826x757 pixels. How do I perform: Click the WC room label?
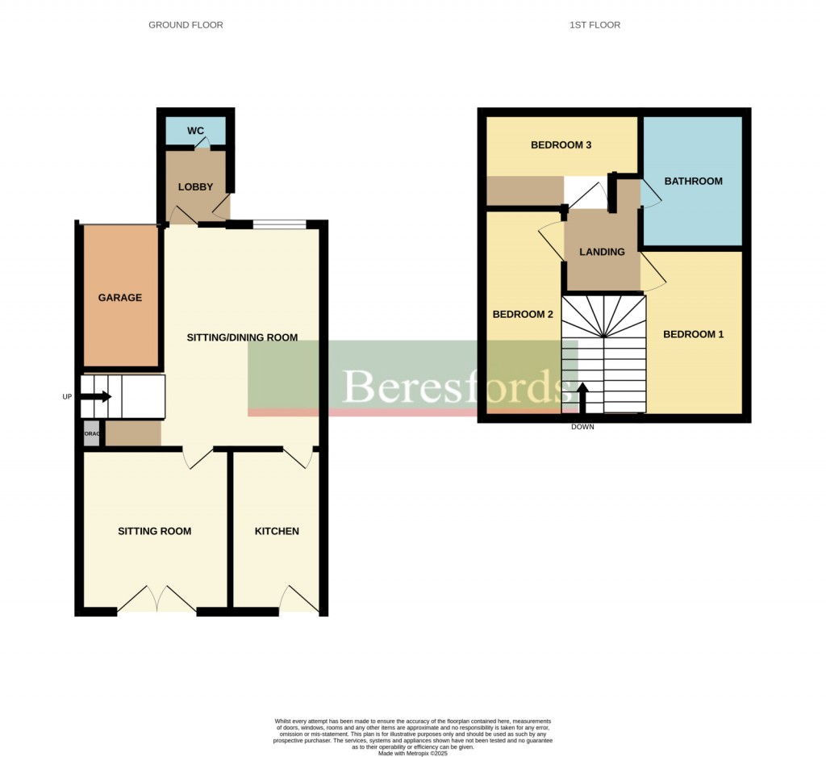[x=195, y=131]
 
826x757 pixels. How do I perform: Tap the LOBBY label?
[x=195, y=187]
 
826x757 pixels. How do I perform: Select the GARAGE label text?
[x=120, y=298]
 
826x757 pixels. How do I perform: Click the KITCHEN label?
[x=277, y=531]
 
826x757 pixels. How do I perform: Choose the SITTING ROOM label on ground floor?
[x=155, y=531]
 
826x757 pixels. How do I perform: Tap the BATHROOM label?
[x=693, y=182]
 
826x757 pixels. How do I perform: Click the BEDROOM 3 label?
[x=561, y=145]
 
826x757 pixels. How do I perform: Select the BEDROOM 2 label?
[x=523, y=315]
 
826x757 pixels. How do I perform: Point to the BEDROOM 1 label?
[x=693, y=334]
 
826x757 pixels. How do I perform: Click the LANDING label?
[x=603, y=252]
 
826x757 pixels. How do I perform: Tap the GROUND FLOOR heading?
[x=186, y=25]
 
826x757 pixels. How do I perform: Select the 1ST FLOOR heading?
[x=594, y=25]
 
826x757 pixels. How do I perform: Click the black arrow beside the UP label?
[x=101, y=396]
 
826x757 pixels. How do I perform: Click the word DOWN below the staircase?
[x=582, y=427]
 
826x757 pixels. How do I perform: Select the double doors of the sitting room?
[x=156, y=600]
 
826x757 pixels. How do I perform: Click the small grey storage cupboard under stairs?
[x=92, y=433]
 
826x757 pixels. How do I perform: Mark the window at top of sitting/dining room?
[x=279, y=225]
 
